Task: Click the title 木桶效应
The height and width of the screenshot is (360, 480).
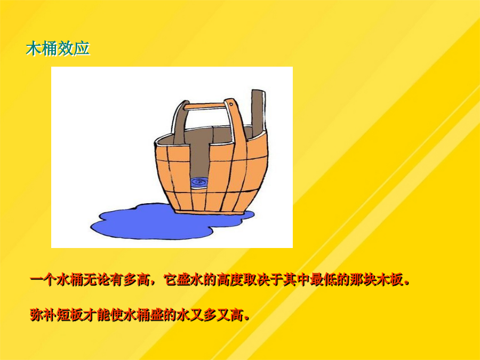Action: point(58,49)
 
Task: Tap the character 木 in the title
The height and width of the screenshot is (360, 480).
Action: point(34,49)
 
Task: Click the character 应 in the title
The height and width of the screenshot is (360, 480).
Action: point(82,49)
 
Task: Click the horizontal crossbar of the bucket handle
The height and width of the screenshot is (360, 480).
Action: point(205,106)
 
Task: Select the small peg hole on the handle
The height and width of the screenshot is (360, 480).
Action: point(231,105)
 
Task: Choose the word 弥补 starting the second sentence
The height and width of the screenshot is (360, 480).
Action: point(43,315)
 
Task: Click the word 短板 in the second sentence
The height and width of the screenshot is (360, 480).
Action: point(70,315)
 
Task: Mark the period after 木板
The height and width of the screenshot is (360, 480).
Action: point(407,283)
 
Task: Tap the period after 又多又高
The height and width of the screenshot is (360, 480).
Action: point(246,318)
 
